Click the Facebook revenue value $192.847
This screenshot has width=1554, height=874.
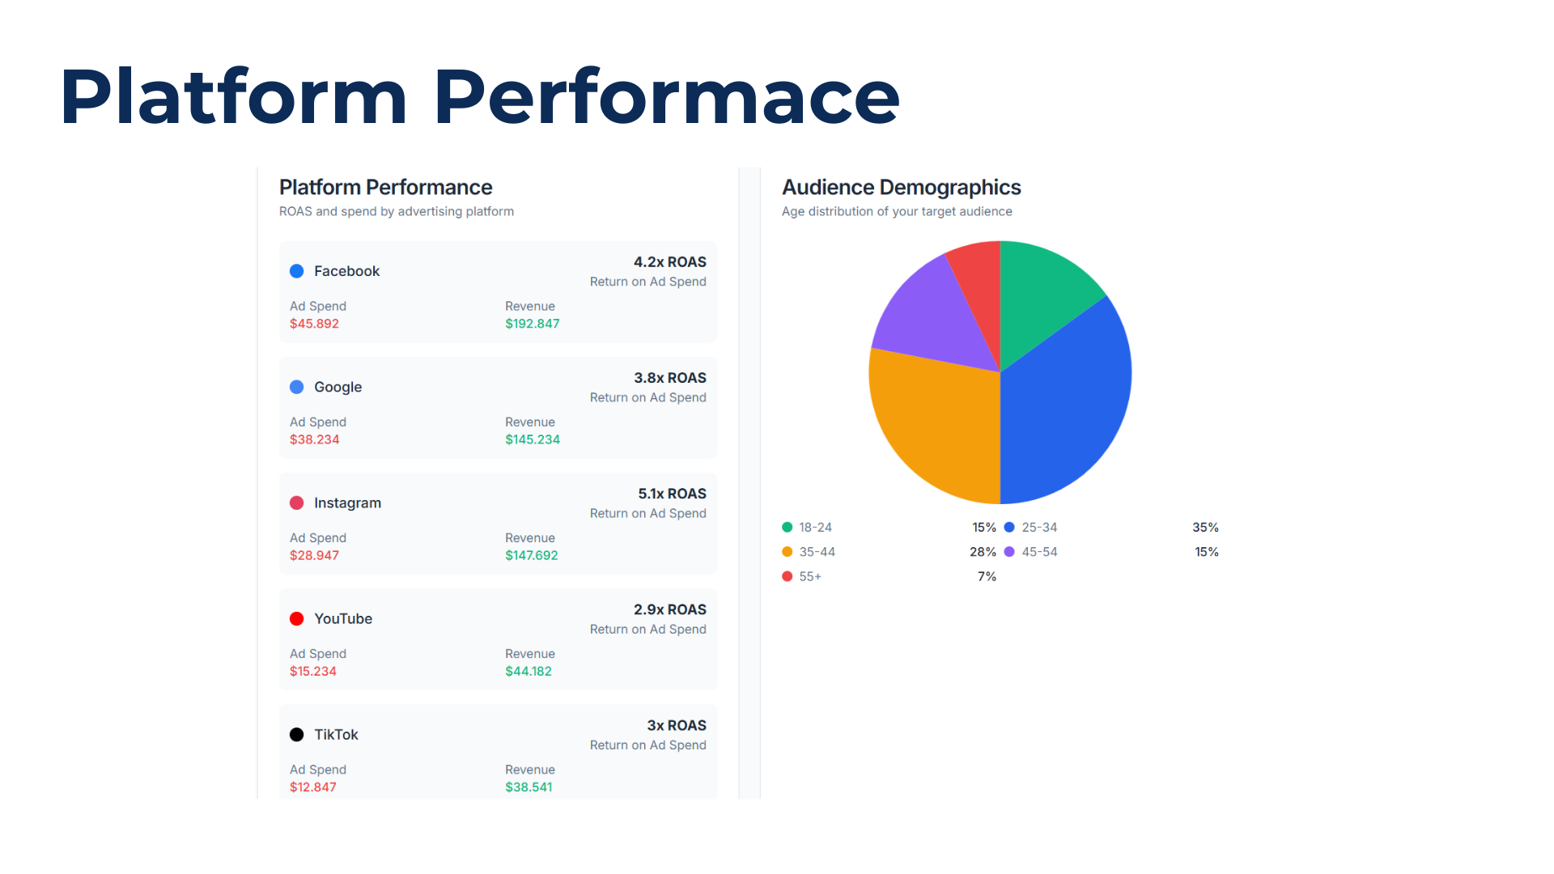coord(532,324)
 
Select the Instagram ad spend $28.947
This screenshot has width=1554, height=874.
coord(314,555)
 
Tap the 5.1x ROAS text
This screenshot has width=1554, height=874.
coord(671,494)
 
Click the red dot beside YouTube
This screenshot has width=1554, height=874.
coord(297,619)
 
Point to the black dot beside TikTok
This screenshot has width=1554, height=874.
coord(297,735)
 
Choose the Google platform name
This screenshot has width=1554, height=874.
coord(338,387)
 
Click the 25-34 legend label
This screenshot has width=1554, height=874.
coord(1039,528)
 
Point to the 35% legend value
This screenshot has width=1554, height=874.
coord(1205,528)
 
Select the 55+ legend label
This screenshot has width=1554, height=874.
coord(810,577)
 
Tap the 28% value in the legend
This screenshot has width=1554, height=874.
coord(983,552)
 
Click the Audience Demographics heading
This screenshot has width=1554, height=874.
coord(901,188)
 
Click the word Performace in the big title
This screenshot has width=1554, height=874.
coord(666,97)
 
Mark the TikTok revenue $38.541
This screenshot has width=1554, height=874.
coord(529,787)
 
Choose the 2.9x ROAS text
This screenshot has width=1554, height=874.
coord(669,609)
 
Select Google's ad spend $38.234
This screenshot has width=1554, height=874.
coord(314,439)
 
